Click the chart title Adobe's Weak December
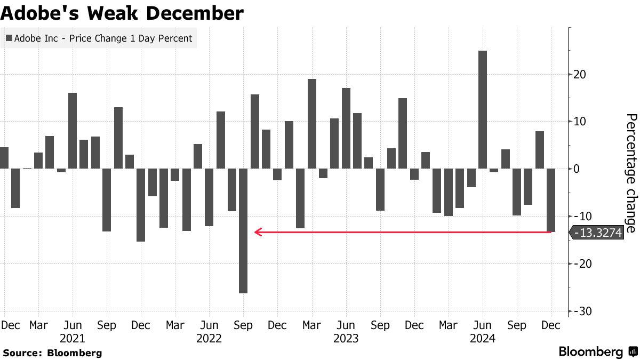[x=122, y=13]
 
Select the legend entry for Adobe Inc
[x=99, y=38]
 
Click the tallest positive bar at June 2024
[x=483, y=109]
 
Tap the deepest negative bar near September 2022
[x=243, y=230]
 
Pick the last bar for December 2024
[x=551, y=200]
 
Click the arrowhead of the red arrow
[x=257, y=232]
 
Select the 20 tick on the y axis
[x=580, y=74]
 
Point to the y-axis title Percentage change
[x=631, y=173]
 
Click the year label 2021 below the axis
[x=73, y=338]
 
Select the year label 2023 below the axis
[x=346, y=338]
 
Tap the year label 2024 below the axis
[x=483, y=338]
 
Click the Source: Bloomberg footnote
[x=52, y=353]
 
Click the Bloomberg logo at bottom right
[x=597, y=352]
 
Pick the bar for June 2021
[x=73, y=131]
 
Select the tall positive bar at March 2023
[x=312, y=124]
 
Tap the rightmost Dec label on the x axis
[x=551, y=325]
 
